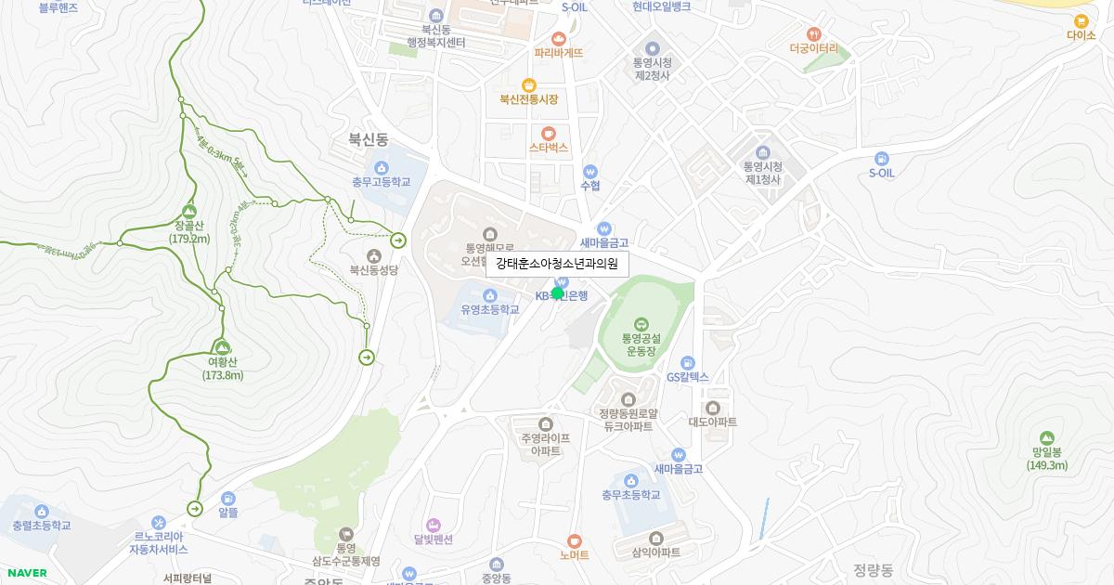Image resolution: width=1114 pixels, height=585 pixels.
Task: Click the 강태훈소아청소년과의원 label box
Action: coord(557,264)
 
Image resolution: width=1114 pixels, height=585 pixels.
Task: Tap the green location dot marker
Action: coord(557,293)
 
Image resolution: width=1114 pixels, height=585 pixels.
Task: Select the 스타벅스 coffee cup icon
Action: coord(549,133)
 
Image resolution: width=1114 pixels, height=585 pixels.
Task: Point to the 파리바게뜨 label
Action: coord(558,53)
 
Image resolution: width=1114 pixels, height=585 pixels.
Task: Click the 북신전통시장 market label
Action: coord(528,99)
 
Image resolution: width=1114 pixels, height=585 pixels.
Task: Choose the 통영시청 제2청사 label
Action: coord(652,69)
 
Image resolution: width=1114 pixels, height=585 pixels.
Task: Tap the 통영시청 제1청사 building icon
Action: coord(763,152)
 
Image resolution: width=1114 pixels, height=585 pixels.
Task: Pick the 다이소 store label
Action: coord(1081,35)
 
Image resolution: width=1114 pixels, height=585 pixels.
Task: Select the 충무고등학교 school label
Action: coord(381,183)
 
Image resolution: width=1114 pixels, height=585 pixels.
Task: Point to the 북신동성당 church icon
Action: coord(373,255)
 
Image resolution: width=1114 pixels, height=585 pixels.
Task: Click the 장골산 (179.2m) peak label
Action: coord(189,232)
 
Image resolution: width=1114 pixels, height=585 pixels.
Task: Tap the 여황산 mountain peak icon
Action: coord(222,347)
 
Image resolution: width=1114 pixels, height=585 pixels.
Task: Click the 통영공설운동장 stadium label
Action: coord(641,345)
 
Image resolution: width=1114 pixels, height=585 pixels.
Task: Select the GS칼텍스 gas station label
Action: coord(687,377)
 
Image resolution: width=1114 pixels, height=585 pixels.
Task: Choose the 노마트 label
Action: coord(574,555)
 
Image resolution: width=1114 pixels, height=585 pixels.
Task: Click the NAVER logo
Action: coord(26,573)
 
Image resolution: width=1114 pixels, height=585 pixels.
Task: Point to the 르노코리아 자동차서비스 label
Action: coord(158,542)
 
